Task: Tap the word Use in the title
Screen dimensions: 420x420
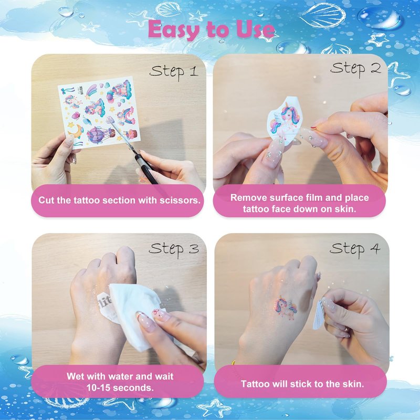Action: tap(255, 29)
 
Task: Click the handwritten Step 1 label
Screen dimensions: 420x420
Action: tap(174, 72)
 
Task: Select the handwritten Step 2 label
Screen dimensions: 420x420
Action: tap(355, 69)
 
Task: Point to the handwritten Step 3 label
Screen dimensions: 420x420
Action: tap(174, 249)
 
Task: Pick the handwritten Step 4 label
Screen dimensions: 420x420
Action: tap(355, 249)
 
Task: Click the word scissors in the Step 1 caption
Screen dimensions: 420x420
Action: tap(180, 201)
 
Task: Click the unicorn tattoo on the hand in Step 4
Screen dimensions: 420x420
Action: tap(285, 307)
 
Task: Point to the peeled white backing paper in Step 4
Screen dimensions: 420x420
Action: tap(319, 315)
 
